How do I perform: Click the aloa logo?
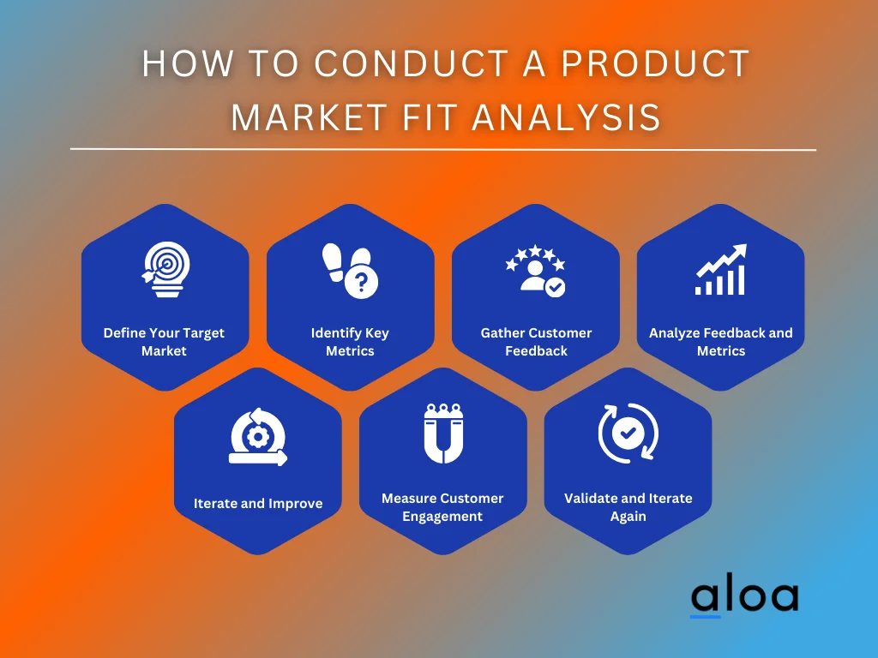coord(743,596)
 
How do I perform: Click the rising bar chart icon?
coord(720,269)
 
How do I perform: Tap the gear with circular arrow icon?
coord(257,436)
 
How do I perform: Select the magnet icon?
coord(442,433)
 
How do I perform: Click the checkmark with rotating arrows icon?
coord(628,434)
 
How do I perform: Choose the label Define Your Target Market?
coord(164,342)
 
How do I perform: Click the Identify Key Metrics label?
coord(350,342)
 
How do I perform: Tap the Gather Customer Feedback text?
coord(536,342)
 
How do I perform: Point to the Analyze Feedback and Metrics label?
coord(721,342)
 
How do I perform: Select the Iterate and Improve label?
coord(258,504)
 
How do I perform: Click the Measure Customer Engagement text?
coord(442,507)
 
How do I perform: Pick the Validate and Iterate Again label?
coord(628,507)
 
